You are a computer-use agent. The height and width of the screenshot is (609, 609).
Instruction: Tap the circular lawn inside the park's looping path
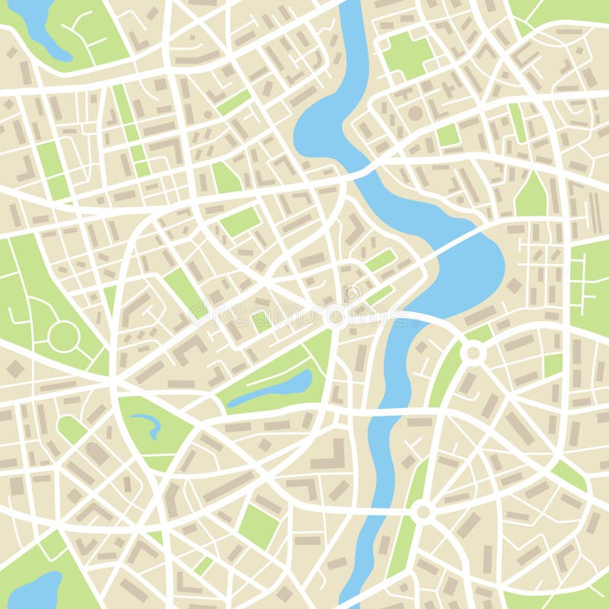[62, 335]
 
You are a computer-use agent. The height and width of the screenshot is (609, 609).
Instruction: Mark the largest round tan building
[416, 113]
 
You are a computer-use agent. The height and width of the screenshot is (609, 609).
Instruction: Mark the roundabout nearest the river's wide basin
[473, 352]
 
